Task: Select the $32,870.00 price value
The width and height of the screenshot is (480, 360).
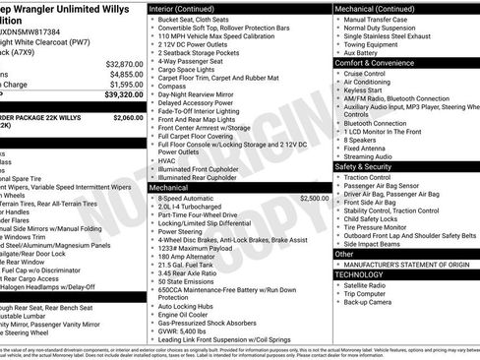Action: pyautogui.click(x=121, y=63)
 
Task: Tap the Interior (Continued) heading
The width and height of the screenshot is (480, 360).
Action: pyautogui.click(x=188, y=7)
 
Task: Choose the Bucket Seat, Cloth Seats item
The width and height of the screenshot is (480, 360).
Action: pyautogui.click(x=195, y=20)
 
